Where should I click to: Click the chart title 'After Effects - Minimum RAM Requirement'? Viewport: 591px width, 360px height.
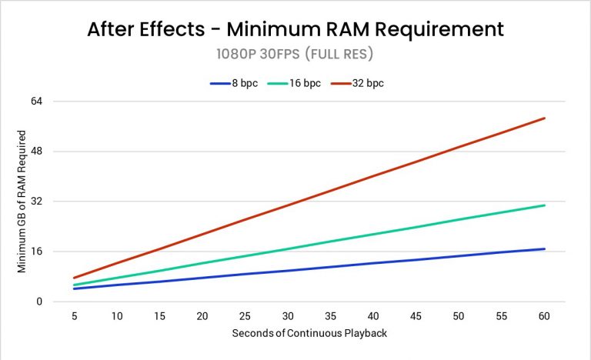(x=295, y=29)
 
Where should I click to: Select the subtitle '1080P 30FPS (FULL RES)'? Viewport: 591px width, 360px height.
(x=295, y=56)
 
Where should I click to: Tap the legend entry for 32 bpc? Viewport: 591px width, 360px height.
(x=356, y=82)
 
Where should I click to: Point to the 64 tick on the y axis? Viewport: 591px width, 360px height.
(x=36, y=101)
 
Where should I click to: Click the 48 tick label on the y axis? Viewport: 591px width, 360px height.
(x=36, y=151)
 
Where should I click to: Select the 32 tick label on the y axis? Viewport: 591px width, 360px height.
(x=36, y=202)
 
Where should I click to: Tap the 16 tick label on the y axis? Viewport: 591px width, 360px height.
(x=36, y=252)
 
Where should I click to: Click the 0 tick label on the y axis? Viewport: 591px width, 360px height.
(x=38, y=302)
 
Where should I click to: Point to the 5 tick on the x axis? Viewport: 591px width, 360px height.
(x=74, y=316)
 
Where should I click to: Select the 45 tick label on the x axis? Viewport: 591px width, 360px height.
(x=416, y=316)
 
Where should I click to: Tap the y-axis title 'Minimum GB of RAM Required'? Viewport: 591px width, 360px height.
(x=22, y=201)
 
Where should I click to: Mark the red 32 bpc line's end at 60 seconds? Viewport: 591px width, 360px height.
(x=545, y=118)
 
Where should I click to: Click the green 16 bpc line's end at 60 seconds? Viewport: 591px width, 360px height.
(x=545, y=205)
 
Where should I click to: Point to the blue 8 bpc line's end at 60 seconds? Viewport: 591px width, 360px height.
(x=545, y=248)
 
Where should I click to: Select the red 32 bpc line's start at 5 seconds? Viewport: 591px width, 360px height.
(x=74, y=278)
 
